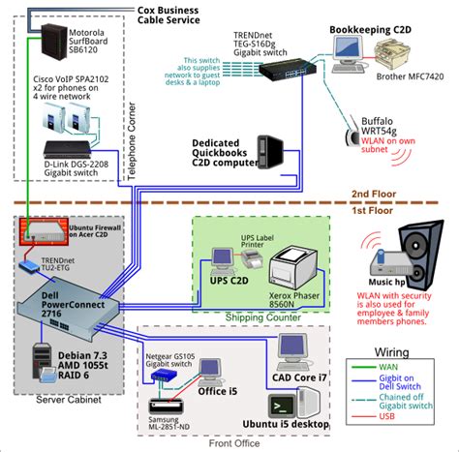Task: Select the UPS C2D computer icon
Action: click(x=224, y=259)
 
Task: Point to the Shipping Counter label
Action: click(x=261, y=316)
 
